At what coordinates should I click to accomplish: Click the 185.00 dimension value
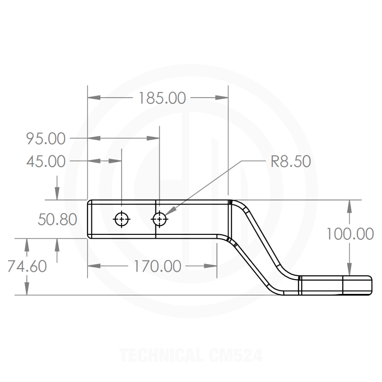coord(162,98)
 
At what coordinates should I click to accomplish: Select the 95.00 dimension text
coord(46,139)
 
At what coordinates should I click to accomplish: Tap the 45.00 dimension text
coord(46,162)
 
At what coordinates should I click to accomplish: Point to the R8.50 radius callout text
coord(290,162)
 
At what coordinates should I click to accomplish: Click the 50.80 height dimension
coord(57,220)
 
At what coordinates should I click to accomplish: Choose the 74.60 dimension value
coord(27,266)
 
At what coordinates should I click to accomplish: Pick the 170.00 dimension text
coord(157,266)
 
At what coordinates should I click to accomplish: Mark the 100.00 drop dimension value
coord(349,234)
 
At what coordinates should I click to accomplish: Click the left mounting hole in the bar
coord(121,219)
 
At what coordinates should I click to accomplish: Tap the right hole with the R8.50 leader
coord(160,219)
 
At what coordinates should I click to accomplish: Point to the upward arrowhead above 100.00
coord(349,206)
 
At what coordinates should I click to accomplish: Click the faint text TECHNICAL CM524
coord(191,355)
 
